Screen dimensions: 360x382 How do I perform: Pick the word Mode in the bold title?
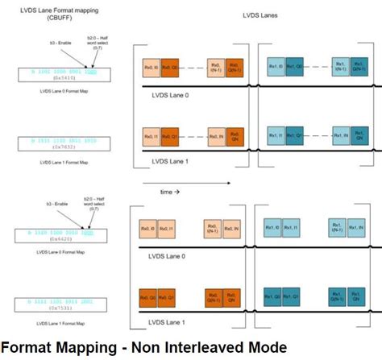pyautogui.click(x=263, y=348)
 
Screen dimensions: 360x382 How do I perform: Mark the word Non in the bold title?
pyautogui.click(x=148, y=348)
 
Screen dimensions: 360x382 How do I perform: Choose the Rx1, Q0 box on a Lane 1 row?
pyautogui.click(x=272, y=297)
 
